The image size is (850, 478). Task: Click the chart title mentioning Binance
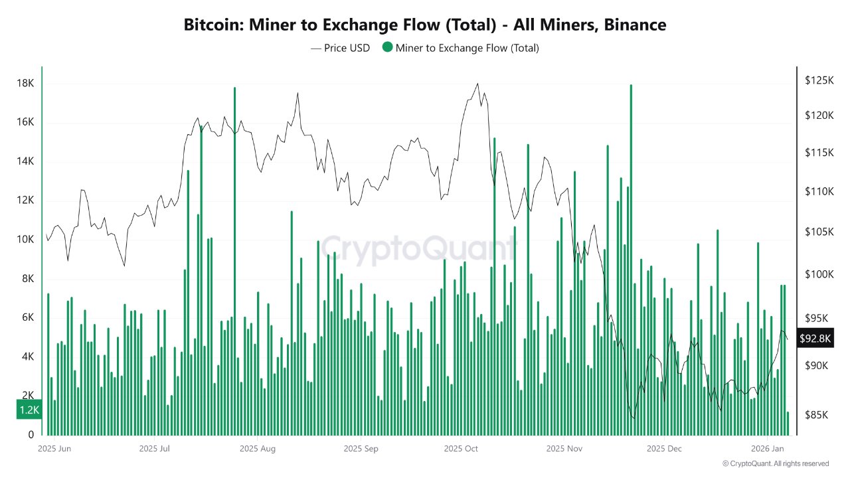[425, 25]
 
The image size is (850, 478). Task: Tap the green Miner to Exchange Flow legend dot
[387, 48]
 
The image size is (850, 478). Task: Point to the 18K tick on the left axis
[26, 84]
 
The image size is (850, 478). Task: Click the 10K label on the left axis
[26, 240]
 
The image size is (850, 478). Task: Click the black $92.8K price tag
[815, 339]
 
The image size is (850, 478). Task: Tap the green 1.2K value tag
[29, 410]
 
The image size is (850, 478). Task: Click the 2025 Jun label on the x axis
[55, 449]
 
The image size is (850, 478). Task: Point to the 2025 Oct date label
[461, 449]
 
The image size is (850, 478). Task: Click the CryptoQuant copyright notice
[776, 463]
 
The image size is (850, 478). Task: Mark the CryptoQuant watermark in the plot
[418, 249]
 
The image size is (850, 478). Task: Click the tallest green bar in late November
[631, 259]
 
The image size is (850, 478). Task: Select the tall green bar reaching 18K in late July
[234, 259]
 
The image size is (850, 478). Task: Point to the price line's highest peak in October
[477, 84]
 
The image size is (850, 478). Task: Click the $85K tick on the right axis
[817, 415]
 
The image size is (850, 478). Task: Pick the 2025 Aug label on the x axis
[258, 449]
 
